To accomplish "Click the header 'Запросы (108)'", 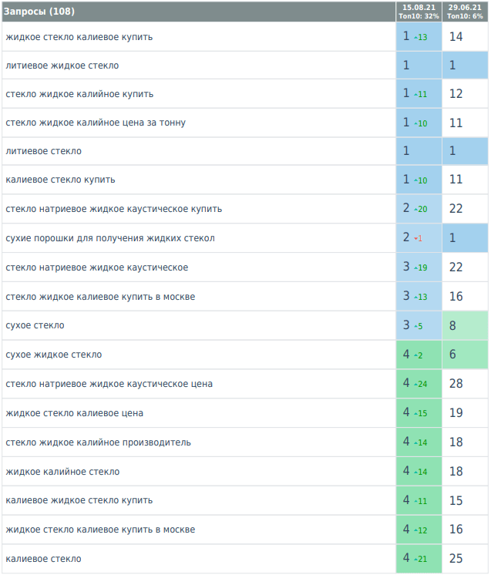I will point(35,12).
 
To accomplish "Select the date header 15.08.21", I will point(419,8).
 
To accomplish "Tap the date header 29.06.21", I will point(465,8).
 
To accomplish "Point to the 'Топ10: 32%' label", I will point(419,16).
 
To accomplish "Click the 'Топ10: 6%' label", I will point(465,16).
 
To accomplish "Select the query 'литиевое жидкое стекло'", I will point(62,66).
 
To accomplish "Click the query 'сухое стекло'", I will point(35,325).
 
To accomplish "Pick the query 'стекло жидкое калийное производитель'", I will point(98,442).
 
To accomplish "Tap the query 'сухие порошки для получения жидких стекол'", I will point(109,238).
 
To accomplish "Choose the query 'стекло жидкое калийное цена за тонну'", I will point(96,123).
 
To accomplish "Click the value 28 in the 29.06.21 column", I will point(456,383).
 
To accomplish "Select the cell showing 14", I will point(456,36).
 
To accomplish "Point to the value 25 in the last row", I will point(456,558).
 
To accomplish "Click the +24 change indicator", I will point(420,384).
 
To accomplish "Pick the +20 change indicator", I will point(420,210).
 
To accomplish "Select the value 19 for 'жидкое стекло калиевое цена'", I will point(456,412).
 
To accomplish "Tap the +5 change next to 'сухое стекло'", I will point(419,326).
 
